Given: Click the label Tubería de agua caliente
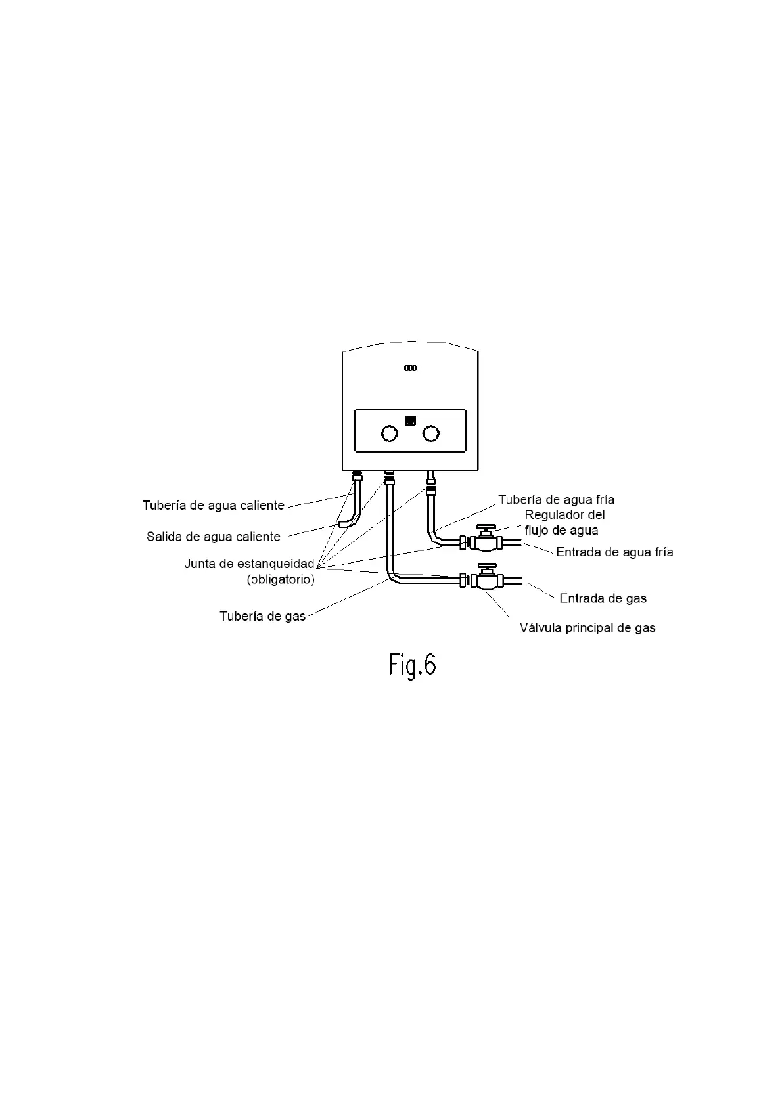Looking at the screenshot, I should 214,505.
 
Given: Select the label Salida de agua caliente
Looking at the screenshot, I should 214,537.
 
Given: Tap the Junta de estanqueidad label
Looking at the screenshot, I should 249,564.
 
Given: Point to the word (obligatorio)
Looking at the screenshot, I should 281,580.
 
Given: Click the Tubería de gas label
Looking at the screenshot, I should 262,617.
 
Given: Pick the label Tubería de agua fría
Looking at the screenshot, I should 556,500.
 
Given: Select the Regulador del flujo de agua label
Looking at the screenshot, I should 564,522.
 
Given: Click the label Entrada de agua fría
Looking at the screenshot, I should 614,552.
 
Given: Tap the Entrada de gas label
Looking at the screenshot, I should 603,598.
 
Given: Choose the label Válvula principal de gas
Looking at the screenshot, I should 587,628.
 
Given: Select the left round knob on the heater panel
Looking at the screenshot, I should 390,433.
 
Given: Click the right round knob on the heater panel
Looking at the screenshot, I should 431,433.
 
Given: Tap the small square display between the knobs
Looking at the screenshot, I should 411,420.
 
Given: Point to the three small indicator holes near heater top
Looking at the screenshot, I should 410,368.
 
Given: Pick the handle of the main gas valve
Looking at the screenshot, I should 487,566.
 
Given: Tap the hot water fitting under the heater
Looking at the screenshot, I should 357,476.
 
